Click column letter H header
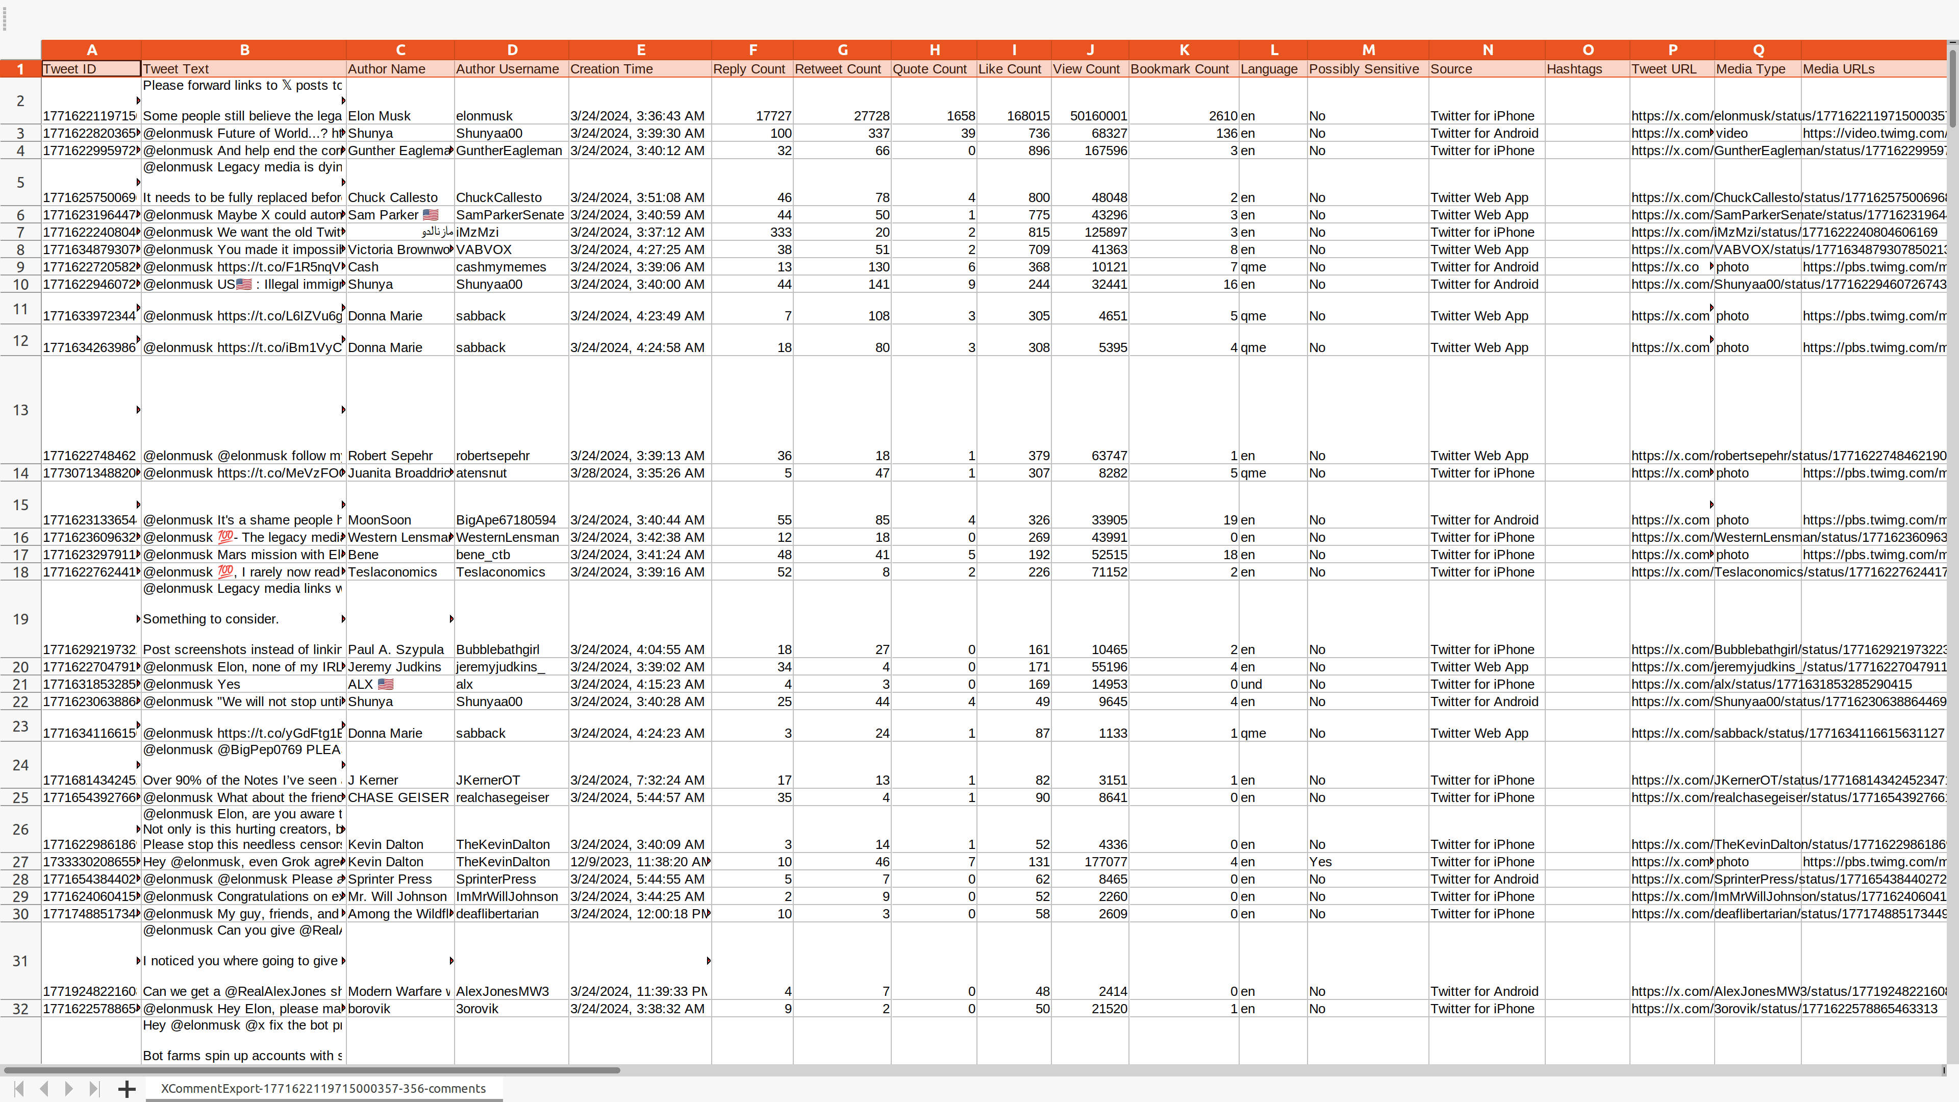pos(934,49)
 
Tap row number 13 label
pos(20,410)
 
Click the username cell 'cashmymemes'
pos(501,267)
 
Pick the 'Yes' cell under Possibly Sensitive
pos(1320,862)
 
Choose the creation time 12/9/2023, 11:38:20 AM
pos(639,862)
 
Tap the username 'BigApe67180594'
pos(506,520)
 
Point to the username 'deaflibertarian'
pos(497,914)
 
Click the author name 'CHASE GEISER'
pos(398,798)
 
